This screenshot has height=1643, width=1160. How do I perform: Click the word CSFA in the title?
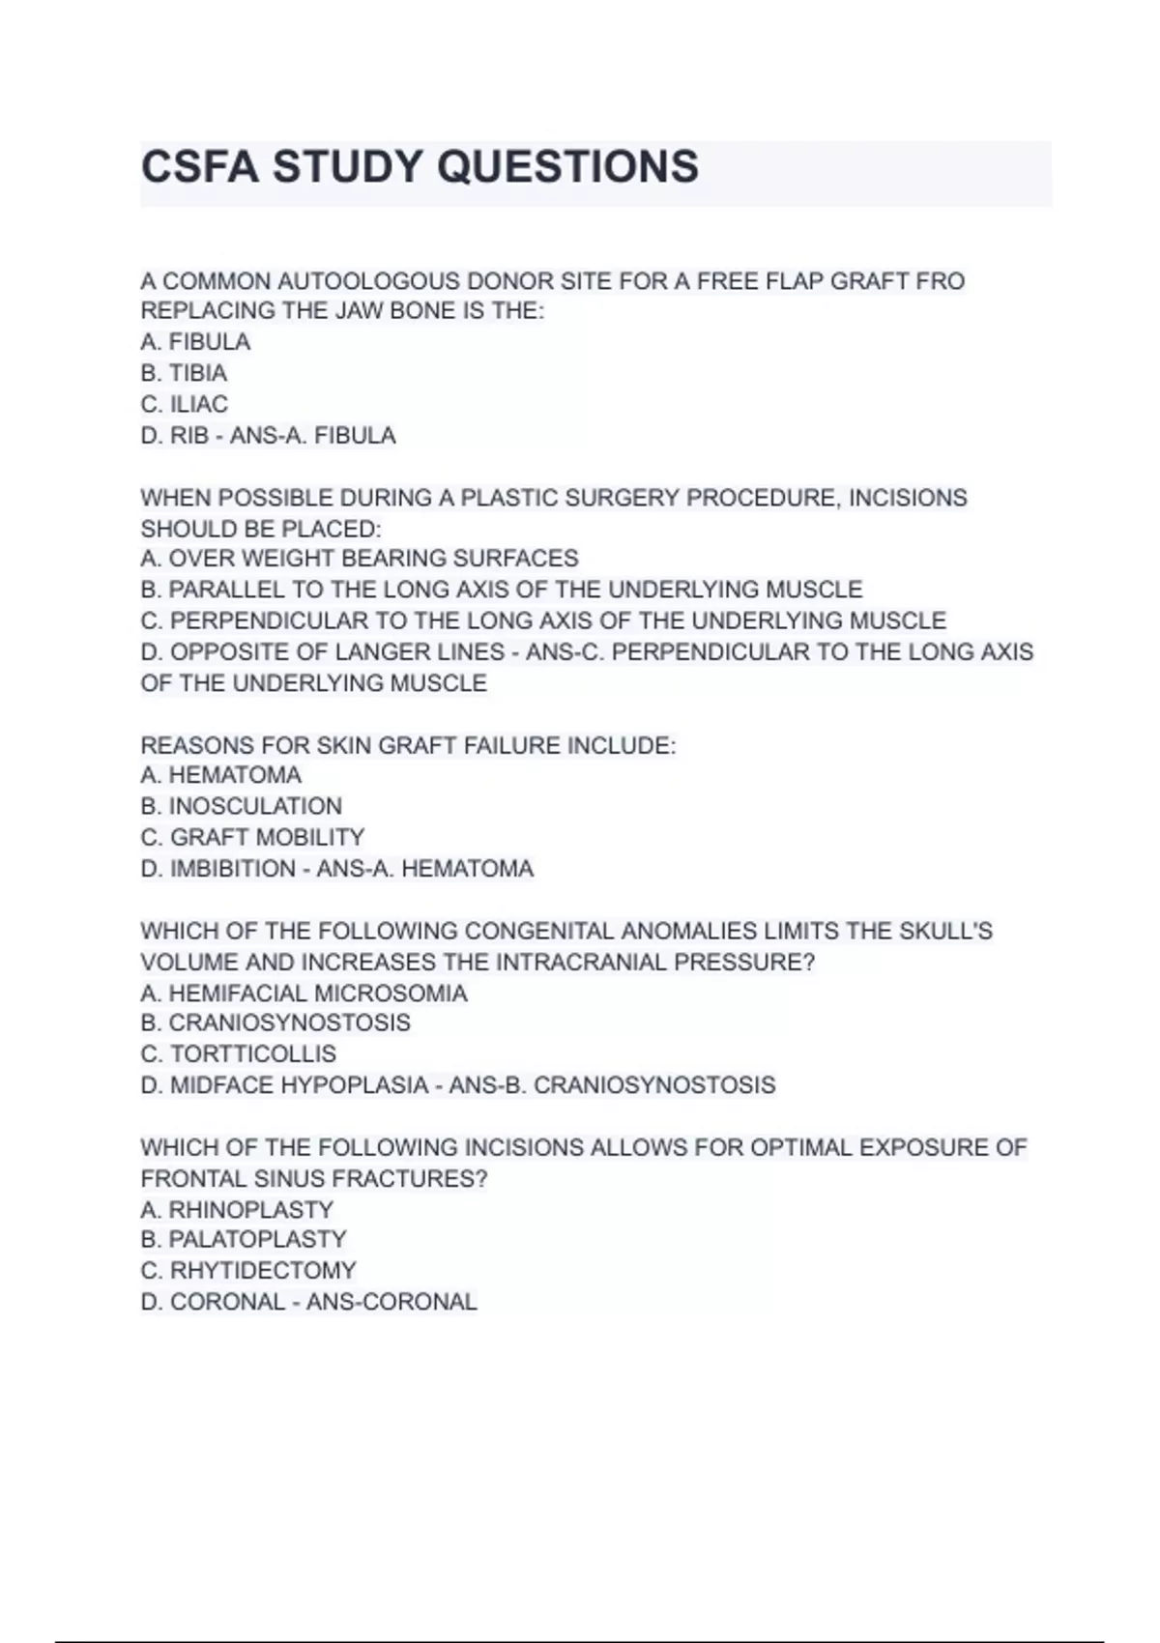point(199,166)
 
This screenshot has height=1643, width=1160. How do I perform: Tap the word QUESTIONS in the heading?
point(567,166)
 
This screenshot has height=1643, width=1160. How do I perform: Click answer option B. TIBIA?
point(184,373)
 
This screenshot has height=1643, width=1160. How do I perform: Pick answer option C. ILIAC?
point(184,404)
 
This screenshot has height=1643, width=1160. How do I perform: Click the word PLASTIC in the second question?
point(507,498)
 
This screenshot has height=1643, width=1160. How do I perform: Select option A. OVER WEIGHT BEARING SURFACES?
point(360,559)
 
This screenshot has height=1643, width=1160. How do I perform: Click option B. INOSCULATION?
point(241,806)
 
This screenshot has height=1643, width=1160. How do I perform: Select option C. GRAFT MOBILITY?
point(252,837)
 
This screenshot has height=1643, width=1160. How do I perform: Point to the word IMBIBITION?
point(233,869)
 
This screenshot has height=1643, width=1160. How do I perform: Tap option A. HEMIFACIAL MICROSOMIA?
point(304,994)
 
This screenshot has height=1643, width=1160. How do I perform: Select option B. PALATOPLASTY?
point(243,1239)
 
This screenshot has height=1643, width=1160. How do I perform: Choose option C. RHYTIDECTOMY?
point(248,1270)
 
